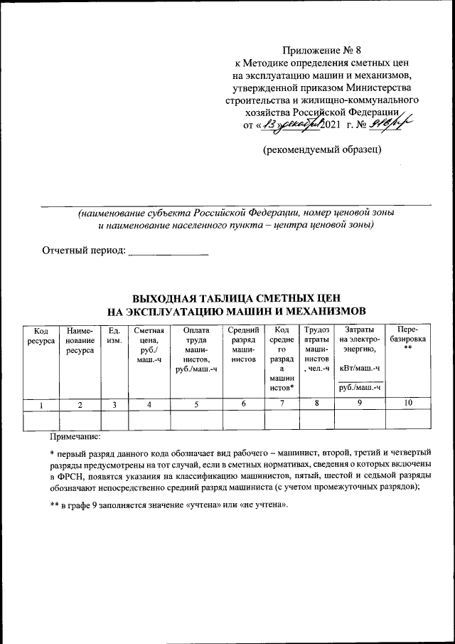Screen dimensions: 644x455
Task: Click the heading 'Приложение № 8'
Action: click(321, 50)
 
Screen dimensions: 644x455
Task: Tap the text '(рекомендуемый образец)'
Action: click(321, 149)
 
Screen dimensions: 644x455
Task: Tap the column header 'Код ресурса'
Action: click(41, 336)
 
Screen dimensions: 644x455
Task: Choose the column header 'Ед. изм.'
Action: click(114, 336)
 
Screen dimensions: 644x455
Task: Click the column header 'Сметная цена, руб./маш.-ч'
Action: click(149, 345)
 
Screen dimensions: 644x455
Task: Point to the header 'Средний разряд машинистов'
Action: click(243, 345)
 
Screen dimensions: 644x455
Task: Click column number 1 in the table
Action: click(41, 404)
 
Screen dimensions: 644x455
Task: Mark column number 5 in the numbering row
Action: click(196, 404)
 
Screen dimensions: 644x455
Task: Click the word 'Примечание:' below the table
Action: click(75, 435)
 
